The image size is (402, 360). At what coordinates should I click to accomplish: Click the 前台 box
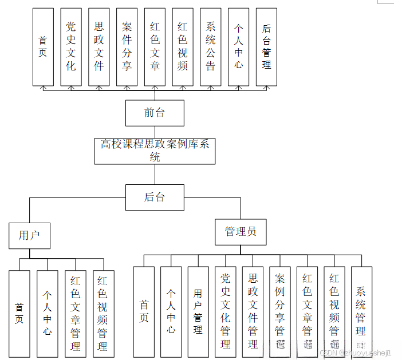pos(155,113)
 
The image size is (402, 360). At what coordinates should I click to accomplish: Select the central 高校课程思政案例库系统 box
pos(155,151)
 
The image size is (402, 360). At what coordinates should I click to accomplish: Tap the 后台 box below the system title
pos(155,197)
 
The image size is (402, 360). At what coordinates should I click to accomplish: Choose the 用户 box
pos(29,235)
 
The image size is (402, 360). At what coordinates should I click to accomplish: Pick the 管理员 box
pos(241,232)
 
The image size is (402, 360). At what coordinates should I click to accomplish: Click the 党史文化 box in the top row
pos(71,46)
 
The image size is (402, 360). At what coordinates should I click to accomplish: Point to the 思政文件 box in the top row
pos(99,46)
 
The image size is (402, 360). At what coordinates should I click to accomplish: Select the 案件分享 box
pos(127,46)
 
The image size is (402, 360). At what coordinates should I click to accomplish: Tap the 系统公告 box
pos(211,46)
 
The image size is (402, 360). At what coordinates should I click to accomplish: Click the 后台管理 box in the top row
pos(266,46)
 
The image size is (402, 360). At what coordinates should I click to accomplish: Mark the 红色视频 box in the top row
pos(183,46)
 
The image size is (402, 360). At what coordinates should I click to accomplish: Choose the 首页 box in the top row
pos(43,46)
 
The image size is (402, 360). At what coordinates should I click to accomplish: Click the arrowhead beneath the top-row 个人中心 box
pos(238,88)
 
